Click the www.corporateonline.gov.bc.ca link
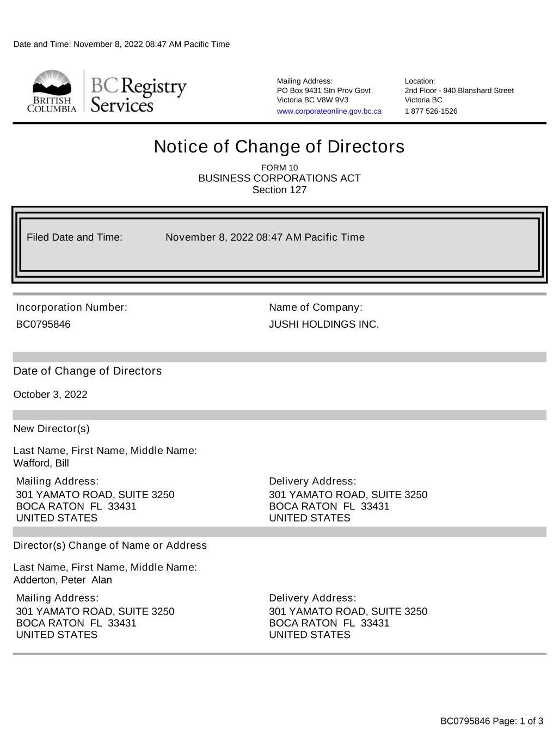[329, 111]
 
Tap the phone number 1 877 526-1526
[431, 111]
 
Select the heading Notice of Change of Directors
[279, 146]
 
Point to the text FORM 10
[279, 168]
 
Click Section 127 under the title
[279, 190]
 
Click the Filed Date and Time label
[75, 237]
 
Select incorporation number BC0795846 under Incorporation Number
[43, 324]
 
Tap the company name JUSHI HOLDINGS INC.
[324, 324]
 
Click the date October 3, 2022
[50, 395]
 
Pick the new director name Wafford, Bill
[41, 463]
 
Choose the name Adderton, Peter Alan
[63, 580]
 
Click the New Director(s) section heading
[51, 429]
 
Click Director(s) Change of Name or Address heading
[110, 545]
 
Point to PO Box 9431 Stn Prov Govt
[323, 90]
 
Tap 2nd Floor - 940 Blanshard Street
[459, 90]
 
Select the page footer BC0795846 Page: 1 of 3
[492, 721]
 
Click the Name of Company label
[315, 308]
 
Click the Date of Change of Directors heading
[88, 371]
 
